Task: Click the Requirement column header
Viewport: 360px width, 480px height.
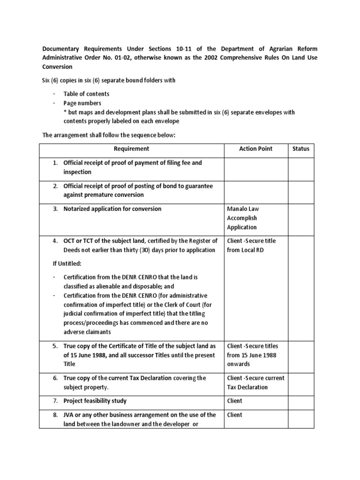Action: pyautogui.click(x=131, y=149)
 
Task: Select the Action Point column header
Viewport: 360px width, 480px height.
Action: pyautogui.click(x=255, y=149)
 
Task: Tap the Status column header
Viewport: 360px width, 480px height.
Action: pyautogui.click(x=300, y=149)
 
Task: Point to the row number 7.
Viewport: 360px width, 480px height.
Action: pyautogui.click(x=55, y=401)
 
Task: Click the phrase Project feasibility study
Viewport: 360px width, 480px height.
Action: pyautogui.click(x=95, y=401)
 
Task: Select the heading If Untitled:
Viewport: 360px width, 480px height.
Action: pyautogui.click(x=67, y=263)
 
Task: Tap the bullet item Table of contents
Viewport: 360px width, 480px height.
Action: pyautogui.click(x=86, y=94)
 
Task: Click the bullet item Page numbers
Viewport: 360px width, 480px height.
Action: pyautogui.click(x=82, y=103)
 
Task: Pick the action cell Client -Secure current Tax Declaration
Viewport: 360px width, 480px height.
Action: pyautogui.click(x=255, y=382)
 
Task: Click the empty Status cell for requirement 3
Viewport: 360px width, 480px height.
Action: pyautogui.click(x=300, y=218)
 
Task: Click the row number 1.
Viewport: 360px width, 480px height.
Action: pyautogui.click(x=55, y=163)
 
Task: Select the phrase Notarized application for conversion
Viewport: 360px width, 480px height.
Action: pyautogui.click(x=112, y=209)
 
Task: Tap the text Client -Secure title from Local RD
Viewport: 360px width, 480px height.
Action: pyautogui.click(x=251, y=245)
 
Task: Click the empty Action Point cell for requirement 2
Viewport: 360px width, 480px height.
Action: pyautogui.click(x=255, y=190)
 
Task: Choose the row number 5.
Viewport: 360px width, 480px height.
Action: pyautogui.click(x=55, y=346)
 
